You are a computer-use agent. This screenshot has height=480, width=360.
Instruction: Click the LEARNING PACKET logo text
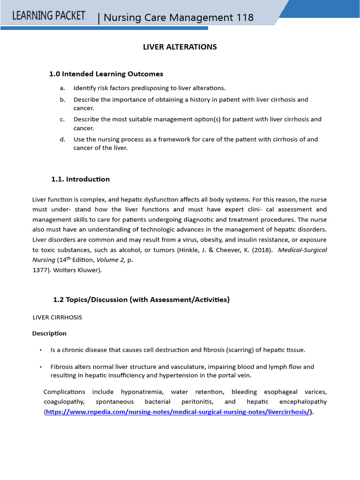(49, 15)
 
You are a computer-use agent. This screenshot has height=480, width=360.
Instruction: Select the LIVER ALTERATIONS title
(180, 47)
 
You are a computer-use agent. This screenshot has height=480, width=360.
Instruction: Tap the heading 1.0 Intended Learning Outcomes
(106, 74)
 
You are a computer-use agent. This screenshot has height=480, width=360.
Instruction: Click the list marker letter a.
(61, 88)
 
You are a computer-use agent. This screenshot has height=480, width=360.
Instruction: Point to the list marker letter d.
(62, 139)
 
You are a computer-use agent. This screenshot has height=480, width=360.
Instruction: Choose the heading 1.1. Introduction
(80, 179)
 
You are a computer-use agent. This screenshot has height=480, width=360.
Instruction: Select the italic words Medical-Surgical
(302, 250)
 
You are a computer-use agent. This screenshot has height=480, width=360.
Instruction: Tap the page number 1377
(40, 270)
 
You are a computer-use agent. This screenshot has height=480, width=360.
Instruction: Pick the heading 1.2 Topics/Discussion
(141, 300)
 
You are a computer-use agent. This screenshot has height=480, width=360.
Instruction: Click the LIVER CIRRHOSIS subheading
(57, 317)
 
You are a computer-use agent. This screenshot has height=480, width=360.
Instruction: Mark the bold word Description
(49, 333)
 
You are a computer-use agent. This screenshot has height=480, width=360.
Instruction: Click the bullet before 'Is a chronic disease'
(41, 350)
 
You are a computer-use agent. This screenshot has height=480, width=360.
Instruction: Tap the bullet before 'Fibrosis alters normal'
(41, 367)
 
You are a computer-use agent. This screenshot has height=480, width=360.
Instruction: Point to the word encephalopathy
(303, 402)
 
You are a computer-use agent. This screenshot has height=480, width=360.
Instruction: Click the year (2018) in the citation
(260, 250)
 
